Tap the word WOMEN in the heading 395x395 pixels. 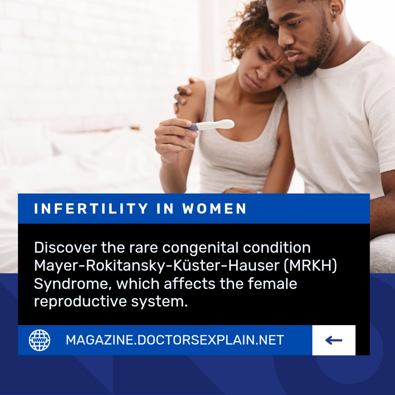click(215, 209)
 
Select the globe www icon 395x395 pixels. click(39, 340)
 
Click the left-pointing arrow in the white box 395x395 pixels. click(334, 341)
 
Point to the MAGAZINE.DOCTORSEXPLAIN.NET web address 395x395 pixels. click(175, 340)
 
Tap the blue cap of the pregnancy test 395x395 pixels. click(193, 127)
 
